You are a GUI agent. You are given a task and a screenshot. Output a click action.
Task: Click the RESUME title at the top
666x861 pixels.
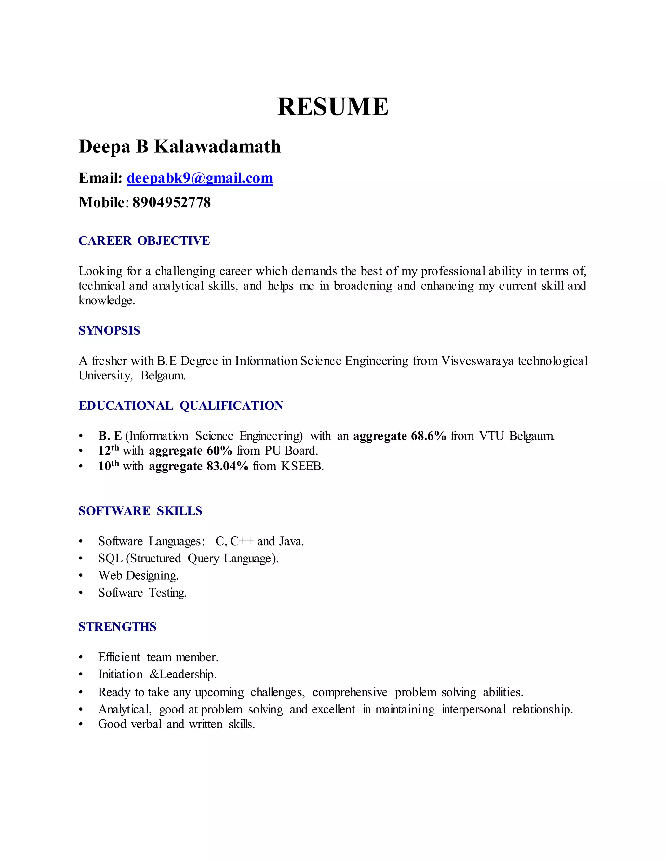click(x=333, y=107)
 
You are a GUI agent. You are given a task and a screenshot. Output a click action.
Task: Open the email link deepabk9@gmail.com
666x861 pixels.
click(x=200, y=178)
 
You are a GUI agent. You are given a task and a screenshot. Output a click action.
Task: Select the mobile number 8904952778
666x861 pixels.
click(x=172, y=203)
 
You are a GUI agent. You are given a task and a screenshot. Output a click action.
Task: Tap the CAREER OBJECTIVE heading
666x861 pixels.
click(x=144, y=240)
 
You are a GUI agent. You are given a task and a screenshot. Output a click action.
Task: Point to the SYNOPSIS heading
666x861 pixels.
click(x=109, y=330)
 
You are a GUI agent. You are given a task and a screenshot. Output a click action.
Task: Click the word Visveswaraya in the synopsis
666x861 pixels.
click(x=477, y=361)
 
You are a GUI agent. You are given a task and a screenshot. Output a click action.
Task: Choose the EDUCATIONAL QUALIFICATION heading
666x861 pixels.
click(x=181, y=406)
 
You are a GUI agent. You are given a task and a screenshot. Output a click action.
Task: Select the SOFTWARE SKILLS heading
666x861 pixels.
click(x=140, y=511)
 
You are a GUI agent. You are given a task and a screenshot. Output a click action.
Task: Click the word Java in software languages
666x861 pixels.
click(x=291, y=541)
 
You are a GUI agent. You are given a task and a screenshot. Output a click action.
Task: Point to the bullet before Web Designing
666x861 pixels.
click(x=81, y=576)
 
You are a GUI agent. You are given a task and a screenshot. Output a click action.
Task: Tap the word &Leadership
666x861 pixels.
click(x=183, y=675)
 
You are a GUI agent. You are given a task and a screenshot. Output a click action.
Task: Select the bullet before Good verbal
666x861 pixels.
click(x=81, y=725)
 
